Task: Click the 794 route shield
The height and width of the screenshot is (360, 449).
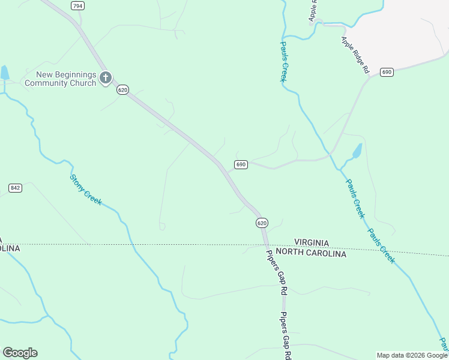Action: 77,5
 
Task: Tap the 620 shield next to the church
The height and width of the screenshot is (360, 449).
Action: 122,89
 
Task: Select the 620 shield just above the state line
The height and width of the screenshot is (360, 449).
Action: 262,223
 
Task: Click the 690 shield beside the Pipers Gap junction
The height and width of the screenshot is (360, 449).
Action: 241,164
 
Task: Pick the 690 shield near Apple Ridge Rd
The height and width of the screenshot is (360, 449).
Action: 387,72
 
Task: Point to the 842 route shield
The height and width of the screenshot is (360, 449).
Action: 16,188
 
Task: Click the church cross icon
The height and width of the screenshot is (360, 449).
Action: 106,77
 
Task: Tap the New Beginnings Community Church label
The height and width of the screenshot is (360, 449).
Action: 66,79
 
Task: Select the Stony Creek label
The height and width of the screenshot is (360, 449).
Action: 86,189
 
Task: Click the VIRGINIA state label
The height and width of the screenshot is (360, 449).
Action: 312,242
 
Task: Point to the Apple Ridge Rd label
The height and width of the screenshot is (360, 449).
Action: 355,55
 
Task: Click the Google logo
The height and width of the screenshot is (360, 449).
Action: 20,353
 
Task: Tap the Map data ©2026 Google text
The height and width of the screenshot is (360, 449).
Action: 412,355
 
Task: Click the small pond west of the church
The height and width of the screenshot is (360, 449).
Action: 5,73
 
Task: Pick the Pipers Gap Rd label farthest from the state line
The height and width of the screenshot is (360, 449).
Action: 286,337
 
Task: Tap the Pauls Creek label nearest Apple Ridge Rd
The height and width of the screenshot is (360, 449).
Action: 284,61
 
